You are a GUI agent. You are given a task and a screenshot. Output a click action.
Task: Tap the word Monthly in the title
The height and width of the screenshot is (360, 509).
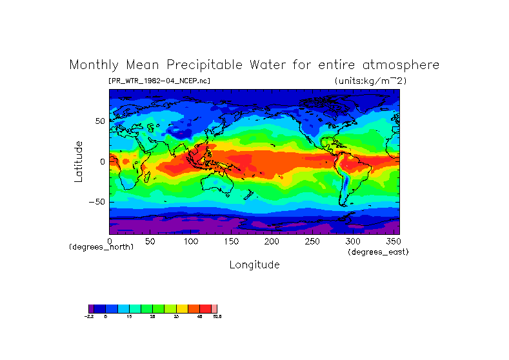[x=94, y=65]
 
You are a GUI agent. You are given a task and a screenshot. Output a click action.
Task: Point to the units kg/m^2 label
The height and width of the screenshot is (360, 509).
[x=370, y=81]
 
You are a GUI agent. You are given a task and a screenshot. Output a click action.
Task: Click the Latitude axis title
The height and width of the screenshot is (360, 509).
[x=78, y=161]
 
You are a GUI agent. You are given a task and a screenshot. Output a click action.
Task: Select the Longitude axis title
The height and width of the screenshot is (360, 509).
[x=254, y=265]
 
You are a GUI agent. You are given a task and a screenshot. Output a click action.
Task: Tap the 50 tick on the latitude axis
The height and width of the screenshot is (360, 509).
[x=100, y=121]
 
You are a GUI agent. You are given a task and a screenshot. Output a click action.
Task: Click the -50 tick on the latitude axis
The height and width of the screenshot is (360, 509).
[x=97, y=202]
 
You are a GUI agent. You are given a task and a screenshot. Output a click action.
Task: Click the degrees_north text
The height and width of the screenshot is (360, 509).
[x=101, y=247]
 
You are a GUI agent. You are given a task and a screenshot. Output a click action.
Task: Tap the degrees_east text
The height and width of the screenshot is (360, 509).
[x=378, y=252]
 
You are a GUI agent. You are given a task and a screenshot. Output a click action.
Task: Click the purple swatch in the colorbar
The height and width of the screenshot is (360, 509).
[x=91, y=308]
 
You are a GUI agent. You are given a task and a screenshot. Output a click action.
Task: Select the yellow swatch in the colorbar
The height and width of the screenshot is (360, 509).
[x=183, y=308]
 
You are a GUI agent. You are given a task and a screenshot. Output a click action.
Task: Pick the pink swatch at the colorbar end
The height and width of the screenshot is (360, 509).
[x=214, y=308]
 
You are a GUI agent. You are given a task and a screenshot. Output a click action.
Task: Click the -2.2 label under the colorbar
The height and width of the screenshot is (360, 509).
[x=90, y=317]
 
